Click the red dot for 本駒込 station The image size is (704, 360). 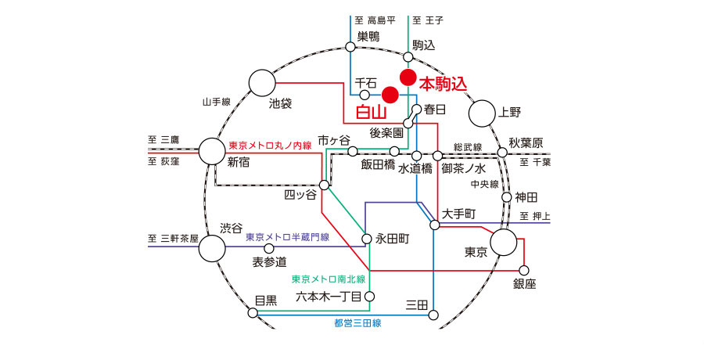408,77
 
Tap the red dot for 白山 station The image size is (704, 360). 390,95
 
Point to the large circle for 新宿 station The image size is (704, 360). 211,151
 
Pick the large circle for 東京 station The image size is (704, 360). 503,243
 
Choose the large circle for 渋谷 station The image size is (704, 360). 212,249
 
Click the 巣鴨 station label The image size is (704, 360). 368,35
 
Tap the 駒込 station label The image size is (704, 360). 423,45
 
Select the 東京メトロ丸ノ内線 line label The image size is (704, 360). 270,146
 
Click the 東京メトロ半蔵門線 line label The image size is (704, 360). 287,236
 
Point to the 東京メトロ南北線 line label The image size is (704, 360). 328,279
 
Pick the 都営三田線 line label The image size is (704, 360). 357,322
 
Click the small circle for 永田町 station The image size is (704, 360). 365,239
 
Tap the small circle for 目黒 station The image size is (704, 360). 253,312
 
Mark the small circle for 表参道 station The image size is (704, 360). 269,248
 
